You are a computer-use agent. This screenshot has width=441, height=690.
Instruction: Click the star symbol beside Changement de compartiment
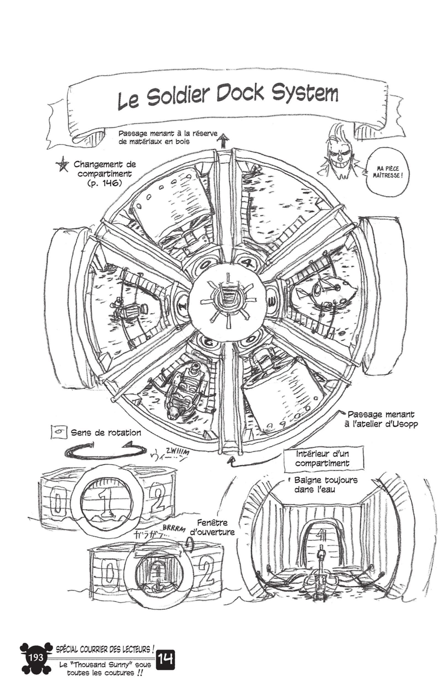point(62,165)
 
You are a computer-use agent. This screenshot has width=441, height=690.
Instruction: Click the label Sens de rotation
point(106,433)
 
